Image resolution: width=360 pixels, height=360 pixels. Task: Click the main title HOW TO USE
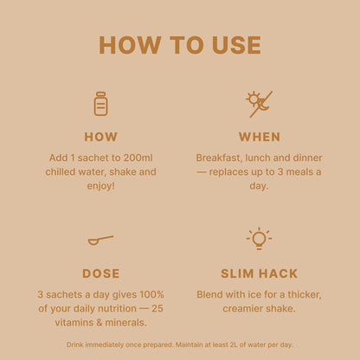[180, 45]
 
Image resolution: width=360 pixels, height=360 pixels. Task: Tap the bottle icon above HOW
[100, 104]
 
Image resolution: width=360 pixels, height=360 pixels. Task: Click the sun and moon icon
[259, 104]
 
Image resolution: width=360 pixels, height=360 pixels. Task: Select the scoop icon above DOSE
[100, 240]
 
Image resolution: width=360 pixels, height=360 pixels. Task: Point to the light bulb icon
[259, 238]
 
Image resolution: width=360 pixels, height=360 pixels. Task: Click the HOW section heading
[100, 137]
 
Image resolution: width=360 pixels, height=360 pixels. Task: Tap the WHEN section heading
[260, 137]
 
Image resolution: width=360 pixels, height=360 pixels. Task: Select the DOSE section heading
[100, 273]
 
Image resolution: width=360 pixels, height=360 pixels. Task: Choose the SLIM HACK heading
[259, 273]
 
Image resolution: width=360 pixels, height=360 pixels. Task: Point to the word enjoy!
[100, 186]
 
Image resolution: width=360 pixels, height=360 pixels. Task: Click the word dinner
[307, 157]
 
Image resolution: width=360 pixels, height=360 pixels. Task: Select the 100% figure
[151, 294]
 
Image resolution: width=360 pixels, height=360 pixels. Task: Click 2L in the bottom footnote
[234, 344]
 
